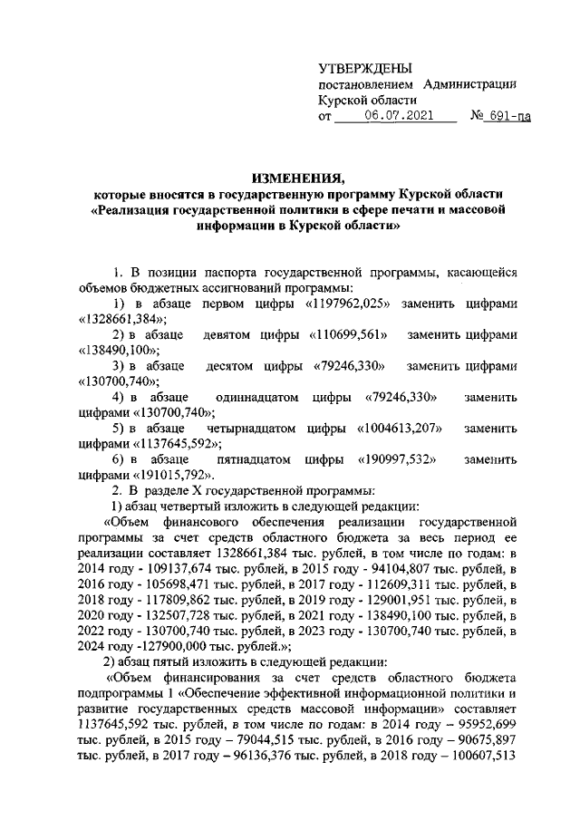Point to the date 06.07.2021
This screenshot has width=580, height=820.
point(399,117)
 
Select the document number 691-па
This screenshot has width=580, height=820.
point(506,117)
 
